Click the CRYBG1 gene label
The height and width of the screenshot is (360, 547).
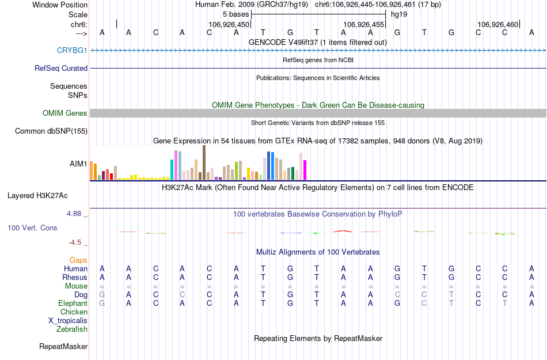point(72,50)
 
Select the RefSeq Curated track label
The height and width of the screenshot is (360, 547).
point(61,68)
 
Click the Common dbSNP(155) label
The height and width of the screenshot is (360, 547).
point(51,131)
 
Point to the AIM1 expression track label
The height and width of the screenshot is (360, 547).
point(78,164)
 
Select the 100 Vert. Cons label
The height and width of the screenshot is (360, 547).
point(32,228)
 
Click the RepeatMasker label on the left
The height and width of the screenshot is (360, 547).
point(63,347)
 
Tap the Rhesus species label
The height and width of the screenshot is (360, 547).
point(75,277)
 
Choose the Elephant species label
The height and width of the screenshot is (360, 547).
point(73,303)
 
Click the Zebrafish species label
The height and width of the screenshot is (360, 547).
point(72,329)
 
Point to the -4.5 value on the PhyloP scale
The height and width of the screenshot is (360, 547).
point(75,242)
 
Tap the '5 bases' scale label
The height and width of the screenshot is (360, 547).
point(235,14)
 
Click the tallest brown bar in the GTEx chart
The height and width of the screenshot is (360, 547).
point(204,162)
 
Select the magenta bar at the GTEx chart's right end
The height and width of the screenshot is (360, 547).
point(305,170)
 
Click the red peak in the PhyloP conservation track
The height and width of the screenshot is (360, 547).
point(343,231)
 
